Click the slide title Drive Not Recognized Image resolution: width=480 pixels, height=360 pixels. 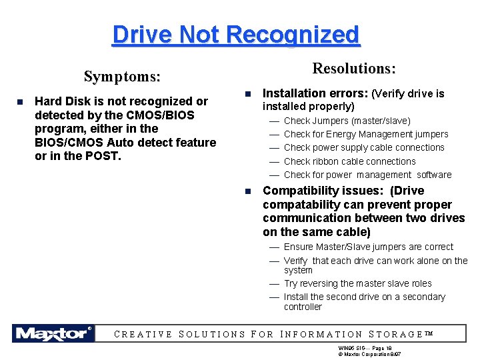click(236, 34)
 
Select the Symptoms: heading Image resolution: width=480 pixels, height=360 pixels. click(122, 77)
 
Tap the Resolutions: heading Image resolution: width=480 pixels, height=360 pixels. click(354, 69)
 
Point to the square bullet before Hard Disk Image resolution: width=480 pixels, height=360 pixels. click(19, 102)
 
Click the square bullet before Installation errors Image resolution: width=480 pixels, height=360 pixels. click(247, 94)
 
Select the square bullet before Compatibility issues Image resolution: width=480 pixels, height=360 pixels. click(247, 191)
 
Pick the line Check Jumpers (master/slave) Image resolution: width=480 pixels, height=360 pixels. click(347, 121)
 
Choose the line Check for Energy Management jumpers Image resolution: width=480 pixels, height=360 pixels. click(366, 134)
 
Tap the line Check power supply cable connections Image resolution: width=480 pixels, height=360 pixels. click(364, 147)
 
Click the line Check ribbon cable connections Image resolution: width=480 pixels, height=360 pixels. click(349, 161)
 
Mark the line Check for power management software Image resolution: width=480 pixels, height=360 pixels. click(367, 175)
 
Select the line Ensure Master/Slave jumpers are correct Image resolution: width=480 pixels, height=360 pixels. click(368, 247)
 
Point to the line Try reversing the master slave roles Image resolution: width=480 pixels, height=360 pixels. click(357, 283)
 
